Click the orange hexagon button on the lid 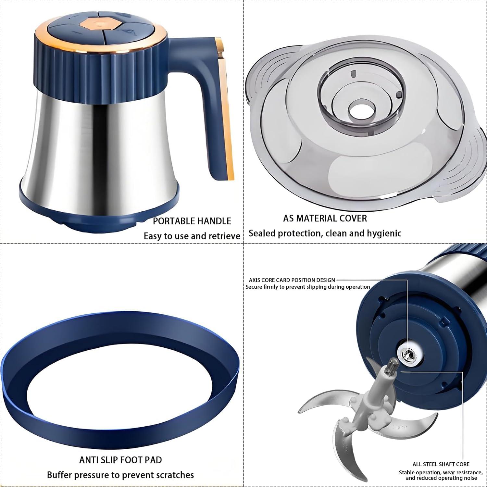pos(98,24)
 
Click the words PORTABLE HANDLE pos(192,221)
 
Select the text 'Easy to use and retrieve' pos(192,236)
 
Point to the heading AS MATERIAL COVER pos(325,219)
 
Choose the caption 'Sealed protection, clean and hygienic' pos(325,233)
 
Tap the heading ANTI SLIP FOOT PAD pos(120,460)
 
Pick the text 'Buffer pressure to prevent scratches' pos(120,475)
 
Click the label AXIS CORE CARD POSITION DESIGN pos(292,280)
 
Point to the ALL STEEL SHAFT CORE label pos(441,464)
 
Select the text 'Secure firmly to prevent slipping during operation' pos(307,287)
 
